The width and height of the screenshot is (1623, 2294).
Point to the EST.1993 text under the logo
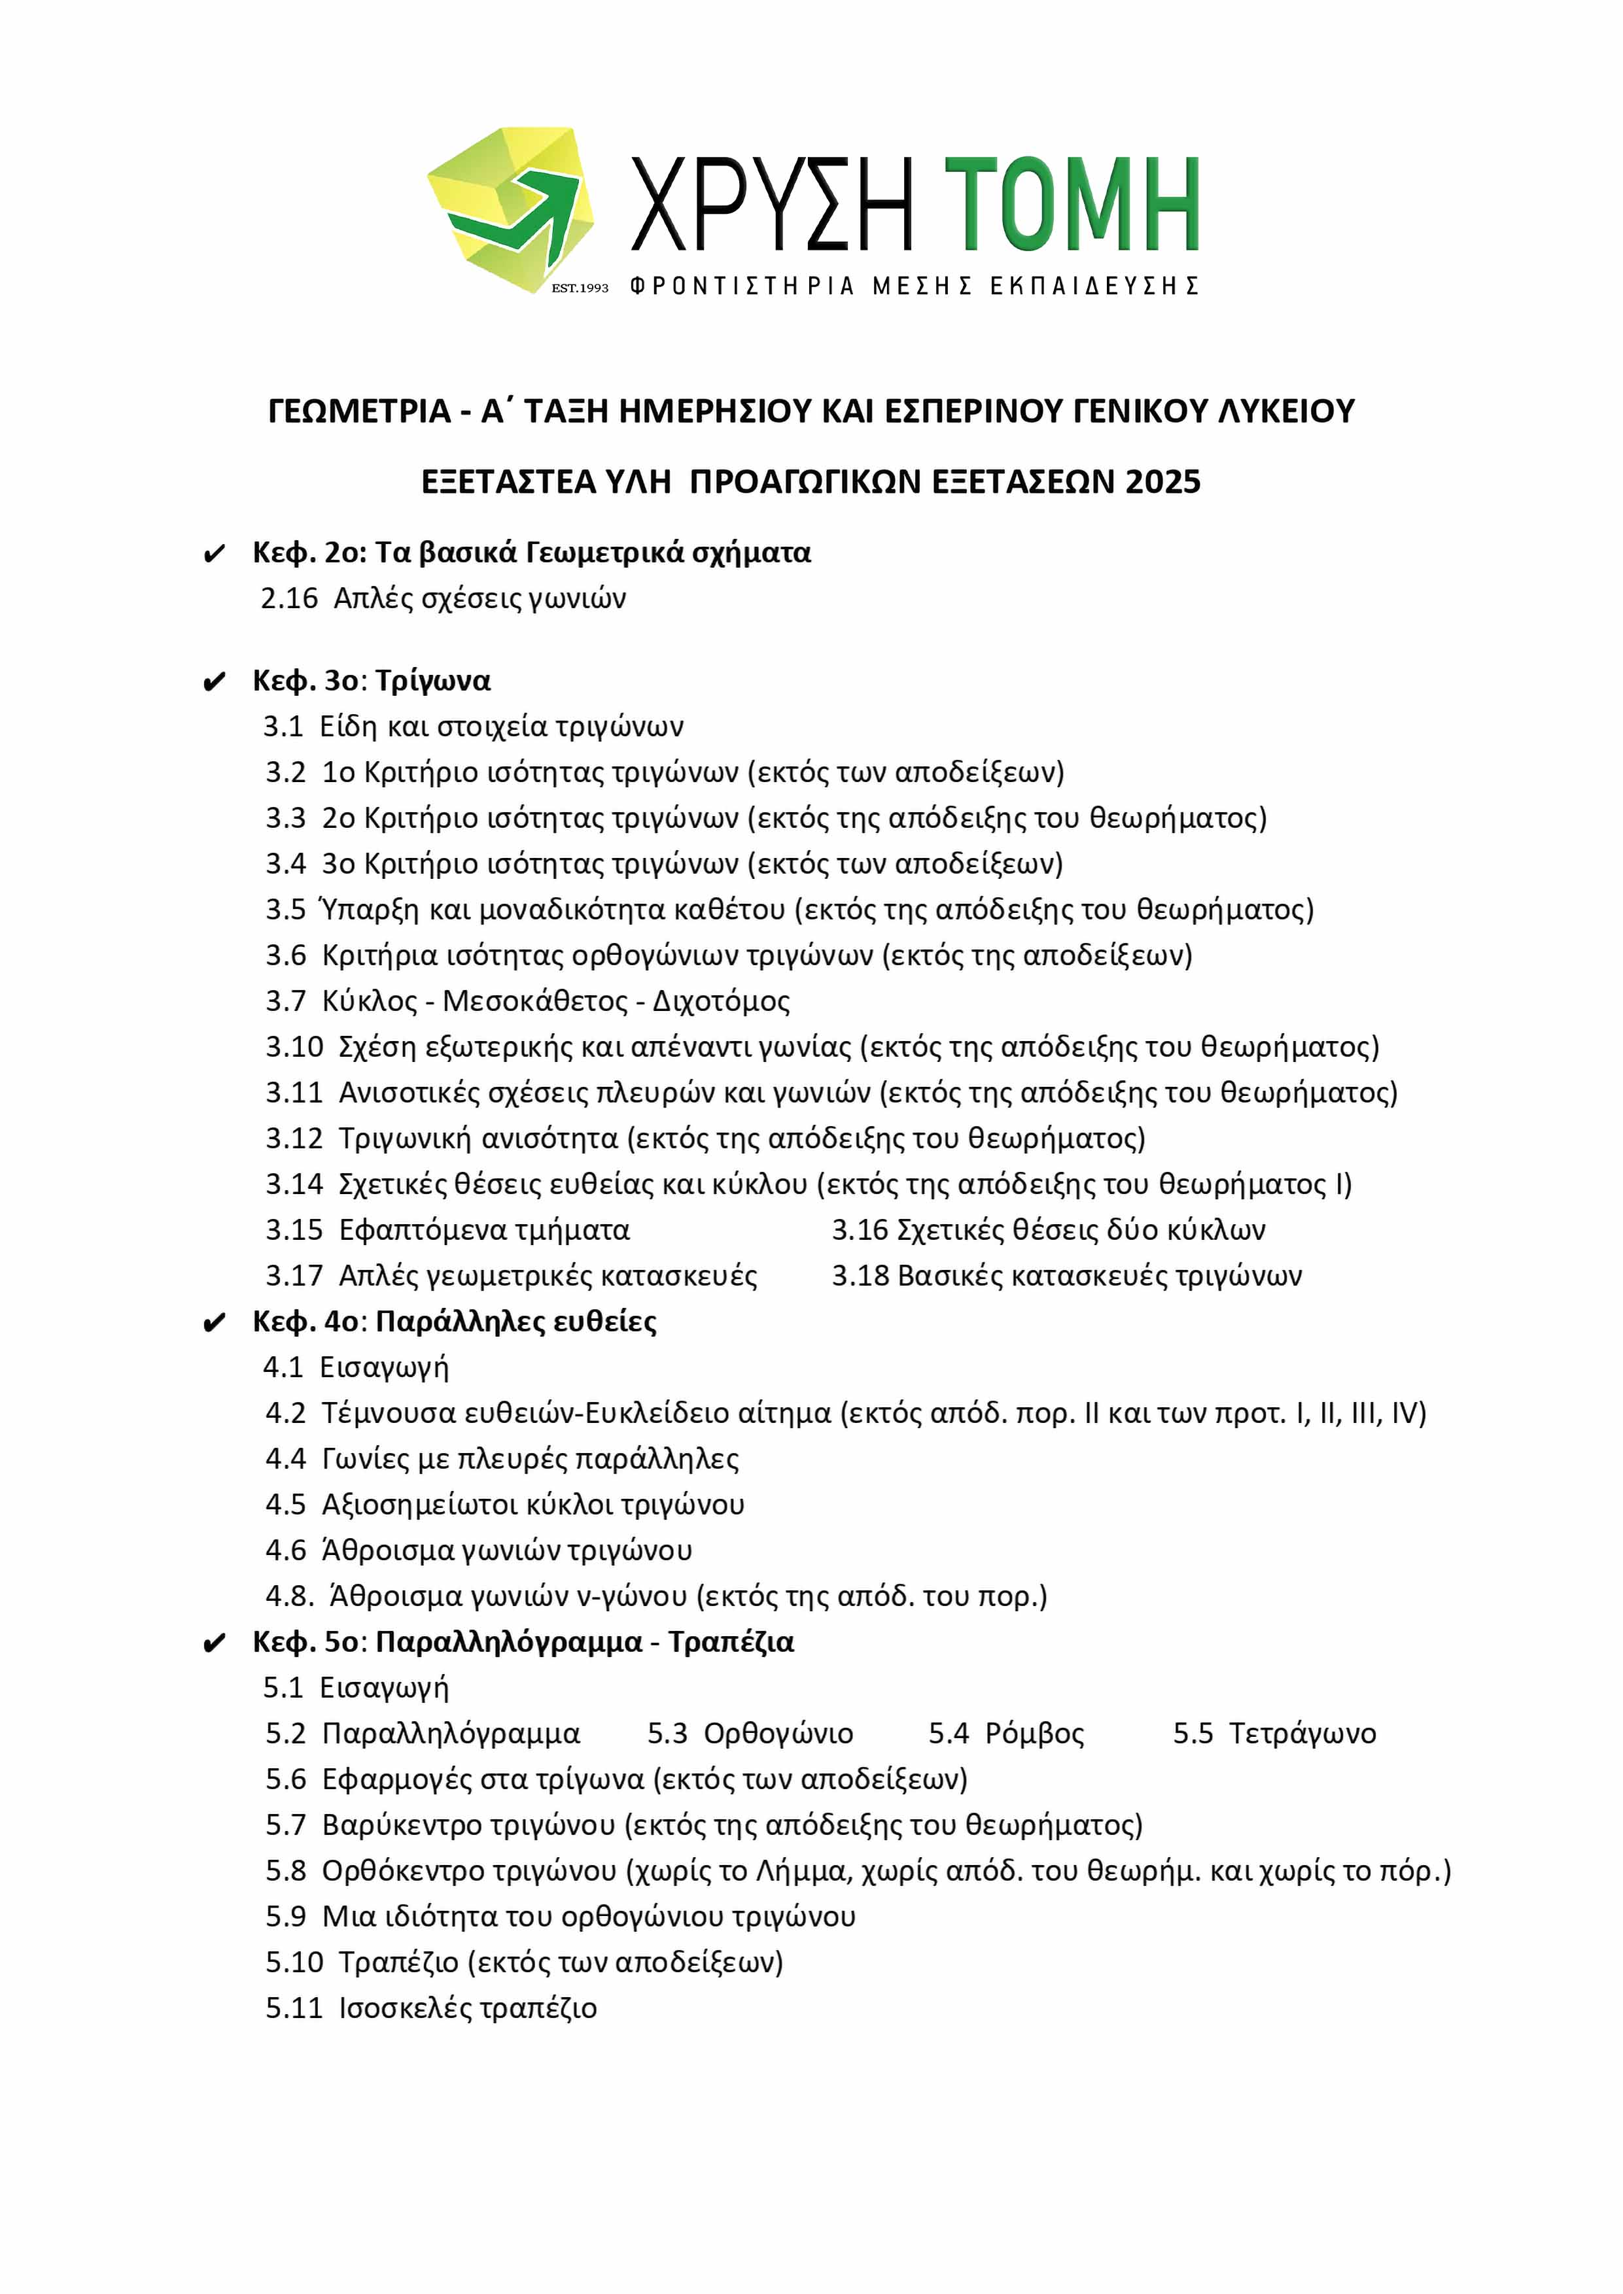click(x=580, y=288)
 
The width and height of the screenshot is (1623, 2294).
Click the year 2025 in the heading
click(x=1162, y=483)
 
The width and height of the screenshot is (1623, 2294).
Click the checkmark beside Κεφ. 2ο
click(x=214, y=555)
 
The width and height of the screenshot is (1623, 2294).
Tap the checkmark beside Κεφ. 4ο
click(x=214, y=1324)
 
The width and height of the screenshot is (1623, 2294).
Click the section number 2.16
click(x=289, y=598)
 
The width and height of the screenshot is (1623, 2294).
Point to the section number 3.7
click(x=286, y=1001)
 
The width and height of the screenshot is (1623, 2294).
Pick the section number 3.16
click(x=860, y=1230)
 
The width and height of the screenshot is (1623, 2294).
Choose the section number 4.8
click(x=290, y=1597)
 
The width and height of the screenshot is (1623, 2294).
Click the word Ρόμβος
click(x=1034, y=1734)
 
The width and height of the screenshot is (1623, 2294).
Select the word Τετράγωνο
click(x=1302, y=1734)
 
